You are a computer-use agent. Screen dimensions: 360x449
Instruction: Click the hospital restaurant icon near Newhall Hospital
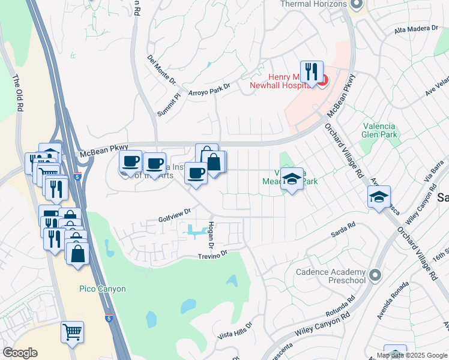(312, 73)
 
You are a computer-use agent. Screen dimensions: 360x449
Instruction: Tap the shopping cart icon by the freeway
(72, 332)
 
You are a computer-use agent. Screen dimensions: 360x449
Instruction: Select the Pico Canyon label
(103, 289)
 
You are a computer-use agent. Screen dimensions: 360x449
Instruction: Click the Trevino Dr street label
(213, 254)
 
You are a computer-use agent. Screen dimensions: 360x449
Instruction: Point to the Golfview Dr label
(175, 212)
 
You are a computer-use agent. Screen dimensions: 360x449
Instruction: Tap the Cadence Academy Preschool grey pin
(376, 275)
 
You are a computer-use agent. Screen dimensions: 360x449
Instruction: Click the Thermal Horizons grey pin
(357, 5)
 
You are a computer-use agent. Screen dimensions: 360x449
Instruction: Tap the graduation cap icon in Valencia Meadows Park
(292, 179)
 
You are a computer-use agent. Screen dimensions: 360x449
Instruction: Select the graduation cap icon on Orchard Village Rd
(379, 197)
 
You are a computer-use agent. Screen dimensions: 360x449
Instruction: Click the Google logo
(20, 353)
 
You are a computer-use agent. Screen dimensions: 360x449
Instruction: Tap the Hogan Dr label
(211, 234)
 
